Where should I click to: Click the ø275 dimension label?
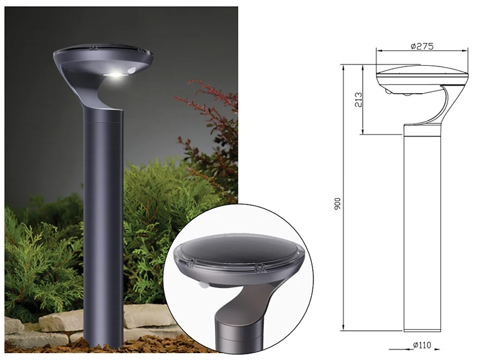click(x=422, y=46)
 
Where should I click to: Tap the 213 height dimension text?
click(x=358, y=100)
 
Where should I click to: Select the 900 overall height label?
click(x=337, y=204)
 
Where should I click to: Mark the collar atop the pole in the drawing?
click(x=422, y=129)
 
